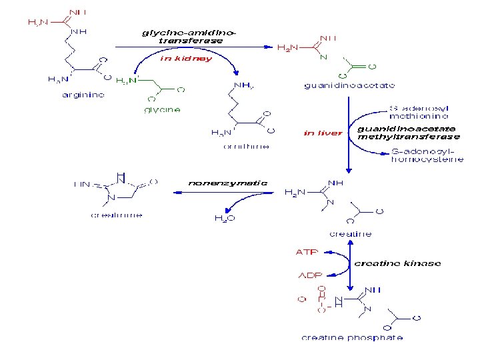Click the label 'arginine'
83,95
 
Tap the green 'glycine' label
162,109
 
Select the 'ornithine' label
247,146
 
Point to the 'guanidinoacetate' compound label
349,85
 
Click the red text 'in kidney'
186,58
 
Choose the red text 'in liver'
322,133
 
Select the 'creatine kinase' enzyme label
397,263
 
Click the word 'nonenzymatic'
228,183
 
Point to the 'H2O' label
223,217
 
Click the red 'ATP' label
307,252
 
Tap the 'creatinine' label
117,215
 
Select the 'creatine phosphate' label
352,338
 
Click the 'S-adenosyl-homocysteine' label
427,156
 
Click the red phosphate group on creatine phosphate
316,300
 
